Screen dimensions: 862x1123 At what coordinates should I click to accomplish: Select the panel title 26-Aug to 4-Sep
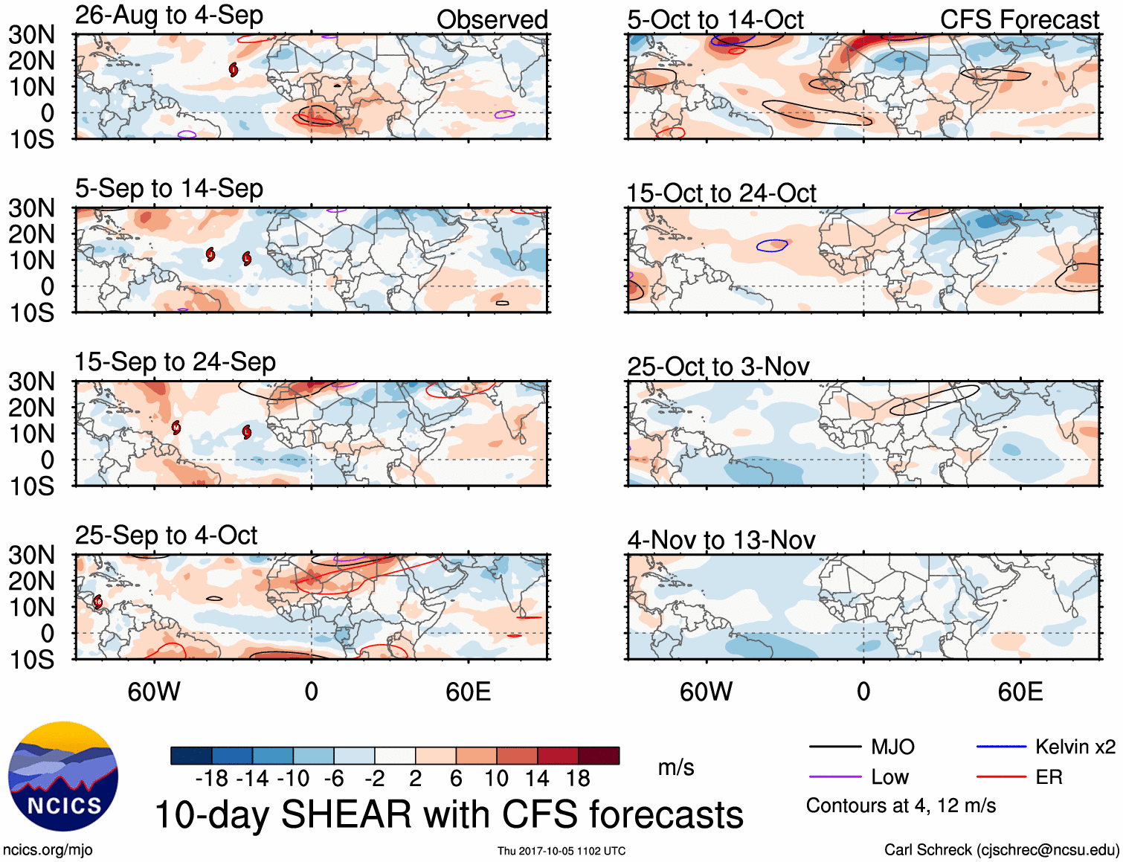click(169, 15)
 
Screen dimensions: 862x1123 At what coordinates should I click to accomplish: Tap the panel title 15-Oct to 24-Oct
click(721, 193)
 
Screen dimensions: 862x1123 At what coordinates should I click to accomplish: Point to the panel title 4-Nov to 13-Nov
click(721, 540)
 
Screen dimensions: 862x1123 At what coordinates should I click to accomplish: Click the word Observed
click(492, 20)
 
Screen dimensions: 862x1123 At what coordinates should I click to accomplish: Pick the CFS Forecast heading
click(1019, 20)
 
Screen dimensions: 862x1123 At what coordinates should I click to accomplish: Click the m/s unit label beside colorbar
click(675, 768)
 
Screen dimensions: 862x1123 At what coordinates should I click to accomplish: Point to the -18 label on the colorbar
click(211, 779)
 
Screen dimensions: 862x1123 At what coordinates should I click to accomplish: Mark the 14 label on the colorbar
click(536, 779)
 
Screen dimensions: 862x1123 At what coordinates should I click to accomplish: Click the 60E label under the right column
click(1020, 692)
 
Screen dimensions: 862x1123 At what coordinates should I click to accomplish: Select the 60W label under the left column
click(154, 692)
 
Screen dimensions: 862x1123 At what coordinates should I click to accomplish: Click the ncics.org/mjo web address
click(48, 850)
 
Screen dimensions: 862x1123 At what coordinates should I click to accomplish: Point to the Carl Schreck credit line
click(1001, 850)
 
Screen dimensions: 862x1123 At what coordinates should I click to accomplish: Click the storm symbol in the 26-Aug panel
click(234, 70)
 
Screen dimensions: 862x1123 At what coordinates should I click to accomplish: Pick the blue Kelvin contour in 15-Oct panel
click(772, 245)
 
